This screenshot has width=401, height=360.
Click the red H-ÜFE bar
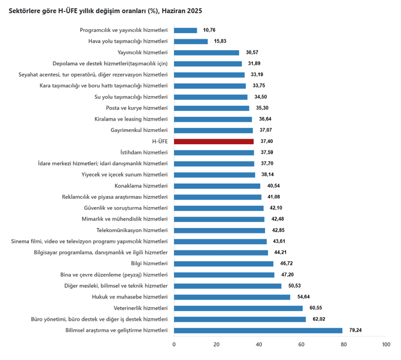tap(214, 142)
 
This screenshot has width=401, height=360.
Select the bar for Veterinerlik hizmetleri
tap(238, 308)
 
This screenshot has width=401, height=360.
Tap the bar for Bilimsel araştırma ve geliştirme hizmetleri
tap(258, 331)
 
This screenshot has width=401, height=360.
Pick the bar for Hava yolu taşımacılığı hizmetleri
tap(191, 42)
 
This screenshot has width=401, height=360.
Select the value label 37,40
tap(267, 142)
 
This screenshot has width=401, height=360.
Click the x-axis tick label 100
tap(386, 345)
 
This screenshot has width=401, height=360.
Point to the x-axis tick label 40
tap(259, 345)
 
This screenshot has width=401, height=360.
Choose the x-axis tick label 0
tap(174, 345)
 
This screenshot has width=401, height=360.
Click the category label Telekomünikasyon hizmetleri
tap(132, 230)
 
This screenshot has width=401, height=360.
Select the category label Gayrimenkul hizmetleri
tap(139, 130)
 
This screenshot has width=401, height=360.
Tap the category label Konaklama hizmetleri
tap(141, 186)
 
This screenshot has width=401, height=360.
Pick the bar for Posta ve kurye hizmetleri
tap(211, 108)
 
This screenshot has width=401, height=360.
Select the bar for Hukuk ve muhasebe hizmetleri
tap(232, 297)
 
